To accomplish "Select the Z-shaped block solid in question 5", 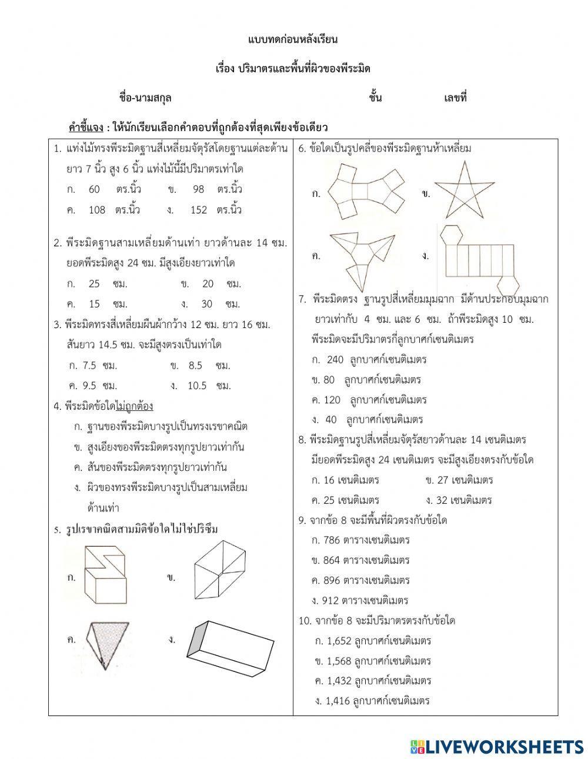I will pos(106,575).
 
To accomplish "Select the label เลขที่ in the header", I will pos(455,98).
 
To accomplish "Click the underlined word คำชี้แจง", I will pos(86,127).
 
